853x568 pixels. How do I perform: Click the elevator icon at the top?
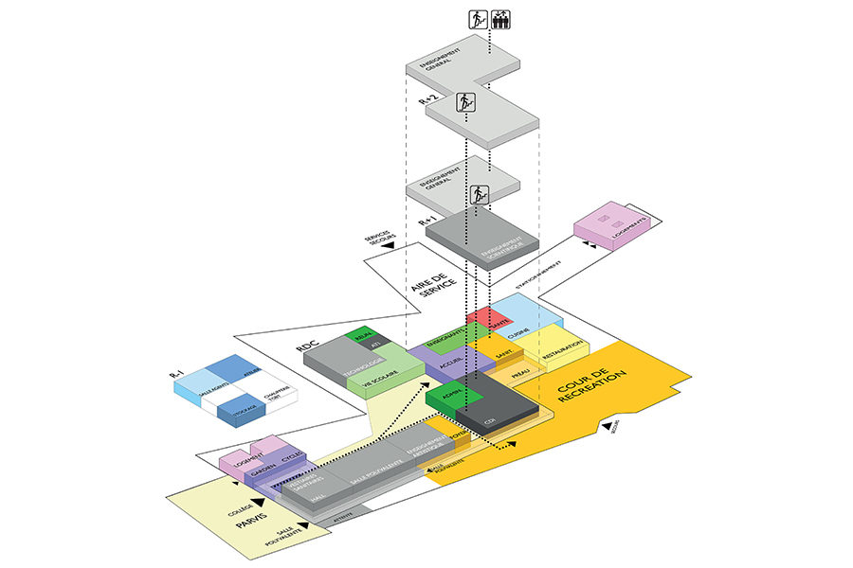coord(499,18)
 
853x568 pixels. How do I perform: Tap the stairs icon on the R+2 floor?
coord(465,103)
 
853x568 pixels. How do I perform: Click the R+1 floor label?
coord(426,221)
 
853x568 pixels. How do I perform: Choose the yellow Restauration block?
coord(563,347)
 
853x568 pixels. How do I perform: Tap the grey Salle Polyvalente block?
coord(371,472)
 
